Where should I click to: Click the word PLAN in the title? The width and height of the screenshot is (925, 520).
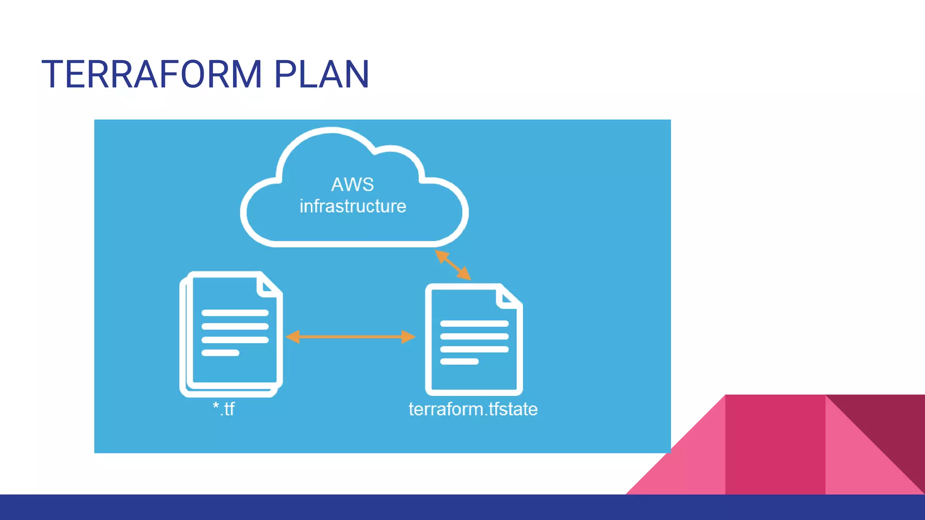click(322, 74)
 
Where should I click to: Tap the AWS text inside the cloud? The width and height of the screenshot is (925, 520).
click(352, 185)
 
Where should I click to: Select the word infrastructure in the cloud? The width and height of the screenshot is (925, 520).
click(353, 206)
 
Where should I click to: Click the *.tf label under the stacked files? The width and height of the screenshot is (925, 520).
click(224, 409)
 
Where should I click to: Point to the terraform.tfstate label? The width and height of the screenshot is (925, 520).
click(473, 409)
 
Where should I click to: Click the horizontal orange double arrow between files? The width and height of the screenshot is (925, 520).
click(350, 337)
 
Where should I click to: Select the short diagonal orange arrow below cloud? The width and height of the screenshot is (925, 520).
click(453, 265)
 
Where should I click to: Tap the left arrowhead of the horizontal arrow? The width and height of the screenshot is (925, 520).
click(293, 337)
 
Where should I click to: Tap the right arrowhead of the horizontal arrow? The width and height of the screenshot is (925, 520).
click(408, 337)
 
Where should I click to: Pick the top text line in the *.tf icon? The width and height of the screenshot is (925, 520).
click(235, 313)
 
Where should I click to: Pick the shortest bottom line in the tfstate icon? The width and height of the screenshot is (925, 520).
click(459, 362)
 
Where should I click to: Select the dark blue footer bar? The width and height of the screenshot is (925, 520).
click(462, 507)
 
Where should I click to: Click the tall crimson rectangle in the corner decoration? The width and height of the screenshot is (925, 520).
click(775, 445)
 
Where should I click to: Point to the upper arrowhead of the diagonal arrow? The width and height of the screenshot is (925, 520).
click(441, 256)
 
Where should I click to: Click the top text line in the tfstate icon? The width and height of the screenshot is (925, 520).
click(474, 324)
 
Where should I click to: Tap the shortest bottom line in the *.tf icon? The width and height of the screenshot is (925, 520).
click(220, 353)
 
